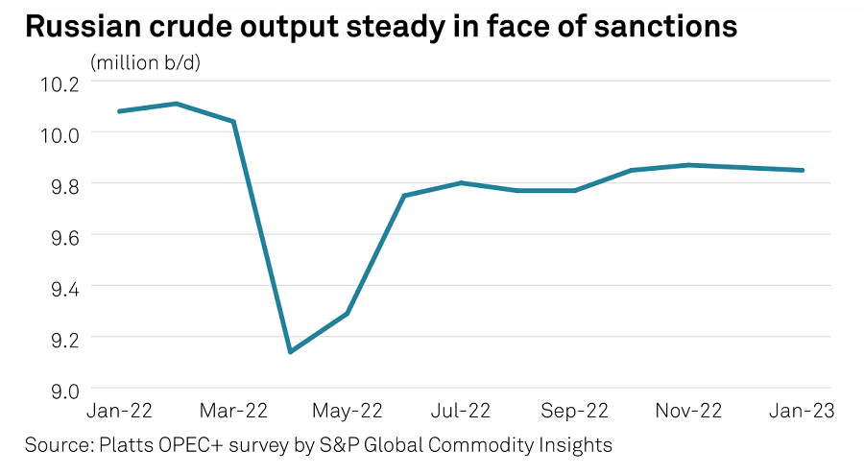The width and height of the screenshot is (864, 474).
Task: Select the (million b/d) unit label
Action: [x=152, y=63]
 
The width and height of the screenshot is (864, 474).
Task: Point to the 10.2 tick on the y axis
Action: [x=59, y=83]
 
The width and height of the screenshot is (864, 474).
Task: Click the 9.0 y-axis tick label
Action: [x=59, y=389]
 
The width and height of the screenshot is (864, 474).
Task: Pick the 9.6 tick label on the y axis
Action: [x=59, y=235]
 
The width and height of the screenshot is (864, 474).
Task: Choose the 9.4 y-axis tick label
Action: [x=59, y=286]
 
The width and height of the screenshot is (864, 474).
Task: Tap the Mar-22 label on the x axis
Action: [x=234, y=411]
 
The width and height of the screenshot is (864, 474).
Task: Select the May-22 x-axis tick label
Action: [x=348, y=411]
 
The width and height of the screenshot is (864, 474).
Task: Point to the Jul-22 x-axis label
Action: [x=462, y=411]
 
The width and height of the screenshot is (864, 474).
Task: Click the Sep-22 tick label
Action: [x=575, y=411]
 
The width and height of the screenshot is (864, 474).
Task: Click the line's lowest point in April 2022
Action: [x=290, y=352]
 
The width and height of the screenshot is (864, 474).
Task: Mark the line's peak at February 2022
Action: [x=177, y=103]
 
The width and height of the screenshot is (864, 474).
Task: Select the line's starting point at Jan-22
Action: [x=119, y=111]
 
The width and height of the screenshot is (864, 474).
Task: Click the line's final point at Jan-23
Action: [x=803, y=170]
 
